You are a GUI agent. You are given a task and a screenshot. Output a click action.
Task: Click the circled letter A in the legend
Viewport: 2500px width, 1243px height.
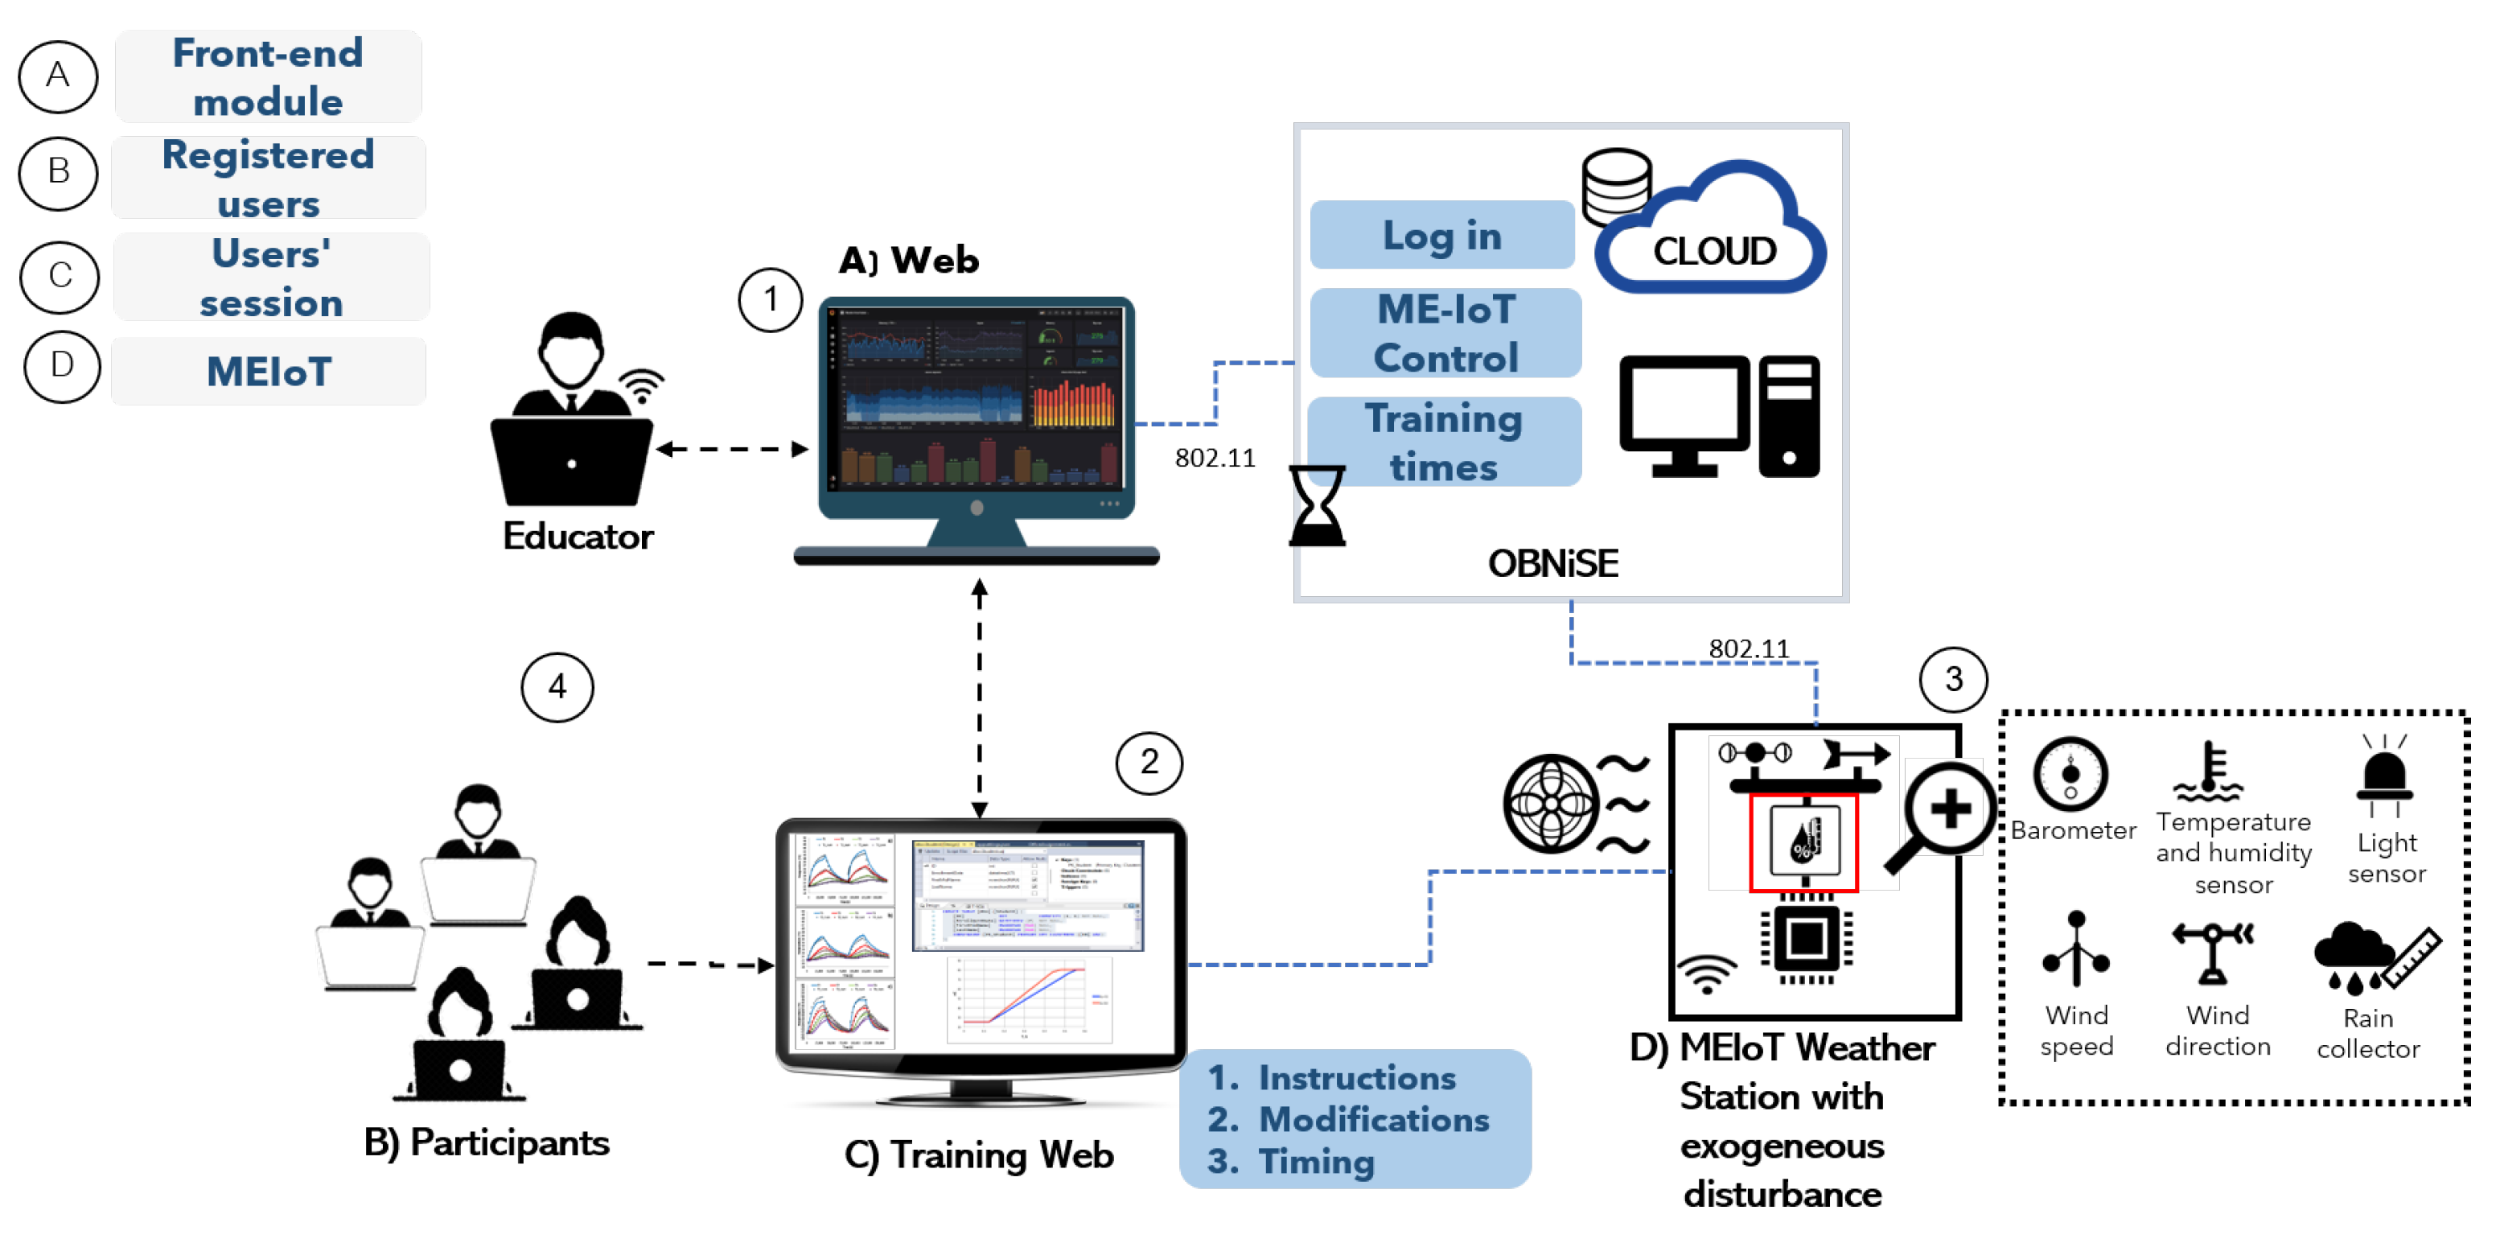(58, 76)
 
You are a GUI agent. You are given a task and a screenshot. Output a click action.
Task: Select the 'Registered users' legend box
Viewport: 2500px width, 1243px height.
(268, 178)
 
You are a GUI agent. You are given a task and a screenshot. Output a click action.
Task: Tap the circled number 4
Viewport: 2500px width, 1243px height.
(557, 687)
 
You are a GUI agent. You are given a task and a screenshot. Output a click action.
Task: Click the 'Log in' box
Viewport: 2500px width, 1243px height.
(1441, 235)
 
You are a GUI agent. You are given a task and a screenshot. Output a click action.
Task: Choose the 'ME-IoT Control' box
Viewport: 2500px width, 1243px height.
(1445, 333)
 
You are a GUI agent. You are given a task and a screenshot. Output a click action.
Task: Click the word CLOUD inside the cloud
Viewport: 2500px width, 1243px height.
(1714, 251)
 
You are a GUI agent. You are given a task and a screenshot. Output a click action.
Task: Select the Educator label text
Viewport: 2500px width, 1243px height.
(578, 536)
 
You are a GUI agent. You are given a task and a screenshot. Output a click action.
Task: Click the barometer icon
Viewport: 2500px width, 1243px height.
(2070, 774)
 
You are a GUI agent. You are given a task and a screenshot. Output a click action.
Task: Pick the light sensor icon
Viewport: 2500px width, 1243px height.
(2384, 777)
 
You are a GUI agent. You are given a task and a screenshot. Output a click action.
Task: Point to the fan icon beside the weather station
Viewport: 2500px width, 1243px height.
(1550, 804)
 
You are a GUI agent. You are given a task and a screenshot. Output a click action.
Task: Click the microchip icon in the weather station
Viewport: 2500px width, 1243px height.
(1806, 938)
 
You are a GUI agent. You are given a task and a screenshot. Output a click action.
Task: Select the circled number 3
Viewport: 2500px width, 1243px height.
(1953, 679)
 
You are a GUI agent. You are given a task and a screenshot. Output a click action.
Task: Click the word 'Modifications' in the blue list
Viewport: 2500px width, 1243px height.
(1373, 1119)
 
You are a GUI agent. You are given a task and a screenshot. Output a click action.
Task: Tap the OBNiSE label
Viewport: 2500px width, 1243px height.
(1552, 563)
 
